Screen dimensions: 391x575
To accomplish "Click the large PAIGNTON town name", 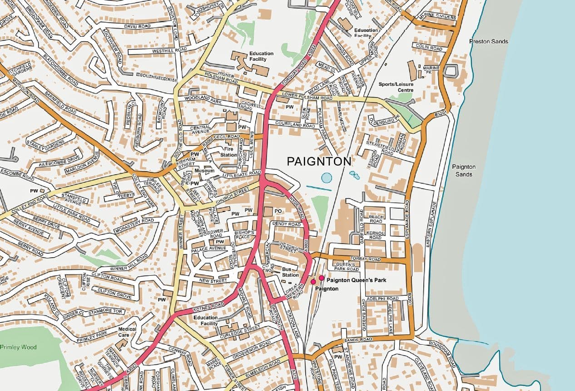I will pyautogui.click(x=319, y=161).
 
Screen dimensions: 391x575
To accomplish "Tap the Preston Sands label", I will pyautogui.click(x=488, y=42).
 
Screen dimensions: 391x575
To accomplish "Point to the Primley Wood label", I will pyautogui.click(x=18, y=347).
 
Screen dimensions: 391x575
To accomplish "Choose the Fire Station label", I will pyautogui.click(x=228, y=152).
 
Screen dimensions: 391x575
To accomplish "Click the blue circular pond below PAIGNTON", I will pyautogui.click(x=327, y=177).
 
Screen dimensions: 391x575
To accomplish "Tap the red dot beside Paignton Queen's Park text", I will pyautogui.click(x=322, y=278).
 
